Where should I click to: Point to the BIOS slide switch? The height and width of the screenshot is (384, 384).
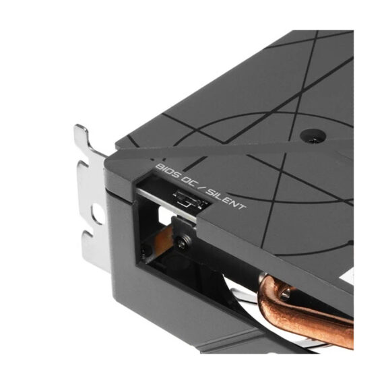[190, 197]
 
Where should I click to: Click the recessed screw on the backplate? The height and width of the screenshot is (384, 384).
[313, 135]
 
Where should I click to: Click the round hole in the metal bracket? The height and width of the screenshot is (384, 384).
[98, 214]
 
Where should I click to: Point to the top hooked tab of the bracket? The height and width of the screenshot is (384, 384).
[83, 134]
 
